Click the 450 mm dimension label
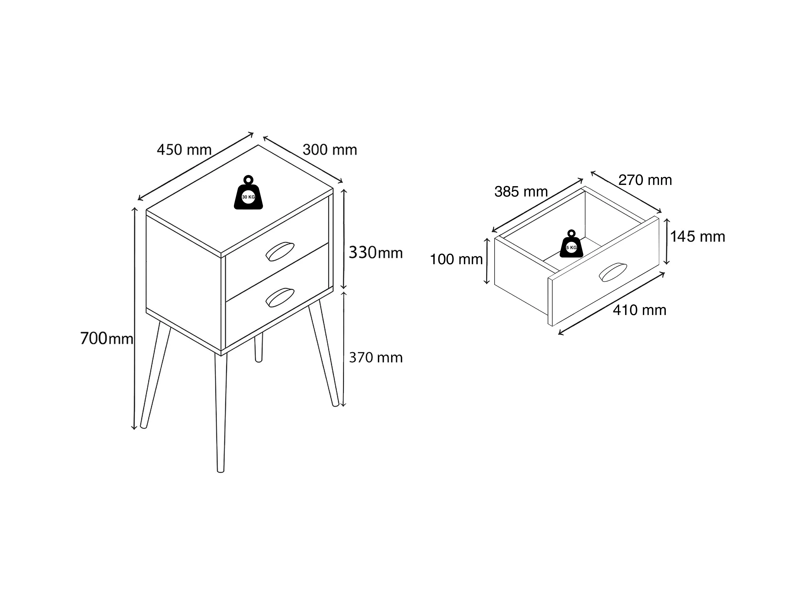184,150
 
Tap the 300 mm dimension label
329,150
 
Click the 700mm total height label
106,339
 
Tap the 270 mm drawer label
645,180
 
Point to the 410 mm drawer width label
639,310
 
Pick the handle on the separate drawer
612,272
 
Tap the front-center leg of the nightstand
220,412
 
